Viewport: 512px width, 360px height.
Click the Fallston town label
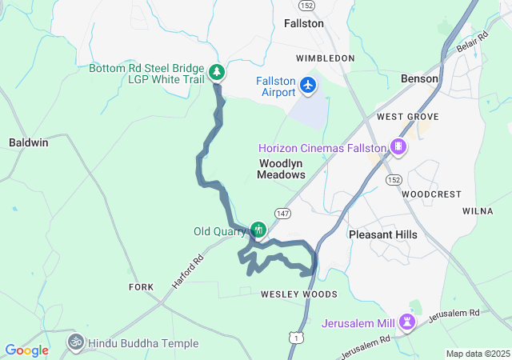click(304, 24)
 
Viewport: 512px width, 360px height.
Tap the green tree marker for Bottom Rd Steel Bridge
click(217, 73)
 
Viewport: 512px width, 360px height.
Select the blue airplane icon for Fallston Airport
click(309, 84)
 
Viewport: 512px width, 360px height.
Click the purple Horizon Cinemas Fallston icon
click(398, 146)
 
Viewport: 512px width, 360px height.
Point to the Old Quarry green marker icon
click(258, 230)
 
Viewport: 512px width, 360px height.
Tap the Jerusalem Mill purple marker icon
click(410, 322)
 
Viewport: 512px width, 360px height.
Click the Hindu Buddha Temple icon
click(76, 342)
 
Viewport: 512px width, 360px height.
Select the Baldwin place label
click(29, 142)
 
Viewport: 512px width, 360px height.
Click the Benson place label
click(419, 79)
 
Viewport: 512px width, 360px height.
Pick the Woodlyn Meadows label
click(282, 169)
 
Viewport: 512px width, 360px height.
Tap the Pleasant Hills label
click(382, 234)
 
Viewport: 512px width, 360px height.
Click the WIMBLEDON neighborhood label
click(325, 58)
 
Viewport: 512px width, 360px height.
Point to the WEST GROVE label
click(397, 117)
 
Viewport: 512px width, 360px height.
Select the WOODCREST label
click(431, 194)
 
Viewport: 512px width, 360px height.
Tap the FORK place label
click(141, 286)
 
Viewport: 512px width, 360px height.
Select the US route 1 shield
click(297, 338)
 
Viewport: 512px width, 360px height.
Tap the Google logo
click(26, 350)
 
